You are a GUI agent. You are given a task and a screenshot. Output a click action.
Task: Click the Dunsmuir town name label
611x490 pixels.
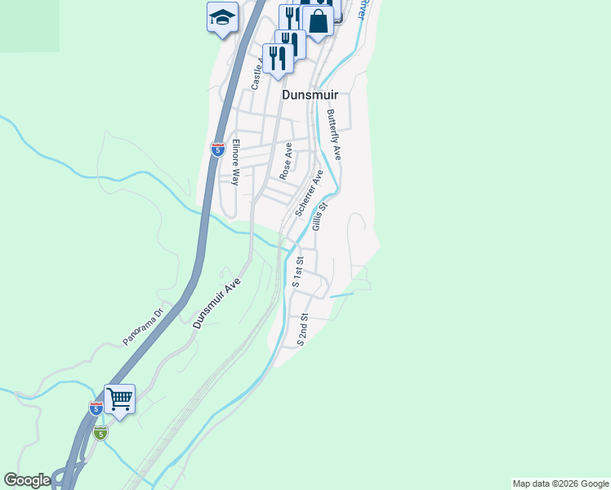coord(310,95)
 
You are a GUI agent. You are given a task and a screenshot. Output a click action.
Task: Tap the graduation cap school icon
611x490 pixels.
coord(221,18)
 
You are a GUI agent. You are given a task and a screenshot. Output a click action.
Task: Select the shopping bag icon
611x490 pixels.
coord(318,22)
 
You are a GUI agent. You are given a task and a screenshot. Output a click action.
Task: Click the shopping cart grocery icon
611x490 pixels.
coord(119,400)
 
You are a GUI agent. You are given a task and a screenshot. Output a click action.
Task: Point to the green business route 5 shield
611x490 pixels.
coord(100,433)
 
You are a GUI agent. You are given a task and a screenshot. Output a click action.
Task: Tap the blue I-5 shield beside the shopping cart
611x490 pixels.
coord(96,408)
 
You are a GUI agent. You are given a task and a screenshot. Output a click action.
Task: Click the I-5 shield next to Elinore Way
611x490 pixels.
coord(217,149)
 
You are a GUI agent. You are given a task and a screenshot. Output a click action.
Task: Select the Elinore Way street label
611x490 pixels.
coord(235,163)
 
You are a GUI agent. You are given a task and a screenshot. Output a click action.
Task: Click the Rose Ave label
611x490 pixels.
coord(286,162)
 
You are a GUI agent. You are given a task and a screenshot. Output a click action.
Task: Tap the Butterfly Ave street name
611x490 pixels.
coord(333,135)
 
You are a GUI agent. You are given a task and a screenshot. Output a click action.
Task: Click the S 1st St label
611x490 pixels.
coord(298,272)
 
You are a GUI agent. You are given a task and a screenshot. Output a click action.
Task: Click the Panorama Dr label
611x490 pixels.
coord(144,325)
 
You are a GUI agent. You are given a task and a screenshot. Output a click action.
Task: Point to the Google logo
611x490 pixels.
coord(26,480)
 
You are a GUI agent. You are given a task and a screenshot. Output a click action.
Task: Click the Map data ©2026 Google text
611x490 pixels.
coord(560,483)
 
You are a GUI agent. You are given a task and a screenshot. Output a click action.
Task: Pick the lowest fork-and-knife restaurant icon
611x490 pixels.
coord(278,59)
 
